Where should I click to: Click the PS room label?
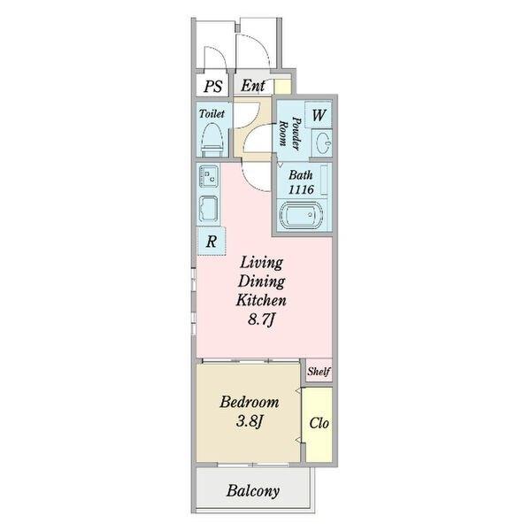pyautogui.click(x=213, y=87)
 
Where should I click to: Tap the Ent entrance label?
pyautogui.click(x=253, y=85)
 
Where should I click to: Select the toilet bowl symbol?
pyautogui.click(x=212, y=140)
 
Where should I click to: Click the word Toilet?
pyautogui.click(x=212, y=113)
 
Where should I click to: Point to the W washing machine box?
pyautogui.click(x=319, y=115)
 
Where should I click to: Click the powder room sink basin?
pyautogui.click(x=322, y=142)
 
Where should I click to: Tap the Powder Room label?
pyautogui.click(x=290, y=133)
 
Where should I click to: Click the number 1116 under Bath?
pyautogui.click(x=301, y=189)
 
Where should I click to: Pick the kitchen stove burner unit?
pyautogui.click(x=209, y=176)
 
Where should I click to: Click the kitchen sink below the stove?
pyautogui.click(x=209, y=210)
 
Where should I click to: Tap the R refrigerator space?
pyautogui.click(x=212, y=241)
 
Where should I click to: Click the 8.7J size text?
pyautogui.click(x=261, y=319)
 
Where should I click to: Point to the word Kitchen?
pyautogui.click(x=261, y=300)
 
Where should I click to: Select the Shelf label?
pyautogui.click(x=319, y=372)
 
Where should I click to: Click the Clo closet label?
pyautogui.click(x=319, y=423)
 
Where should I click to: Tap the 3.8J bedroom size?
pyautogui.click(x=250, y=421)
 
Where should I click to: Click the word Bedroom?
pyautogui.click(x=250, y=403)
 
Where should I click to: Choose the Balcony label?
pyautogui.click(x=253, y=490)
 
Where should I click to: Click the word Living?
pyautogui.click(x=261, y=263)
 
